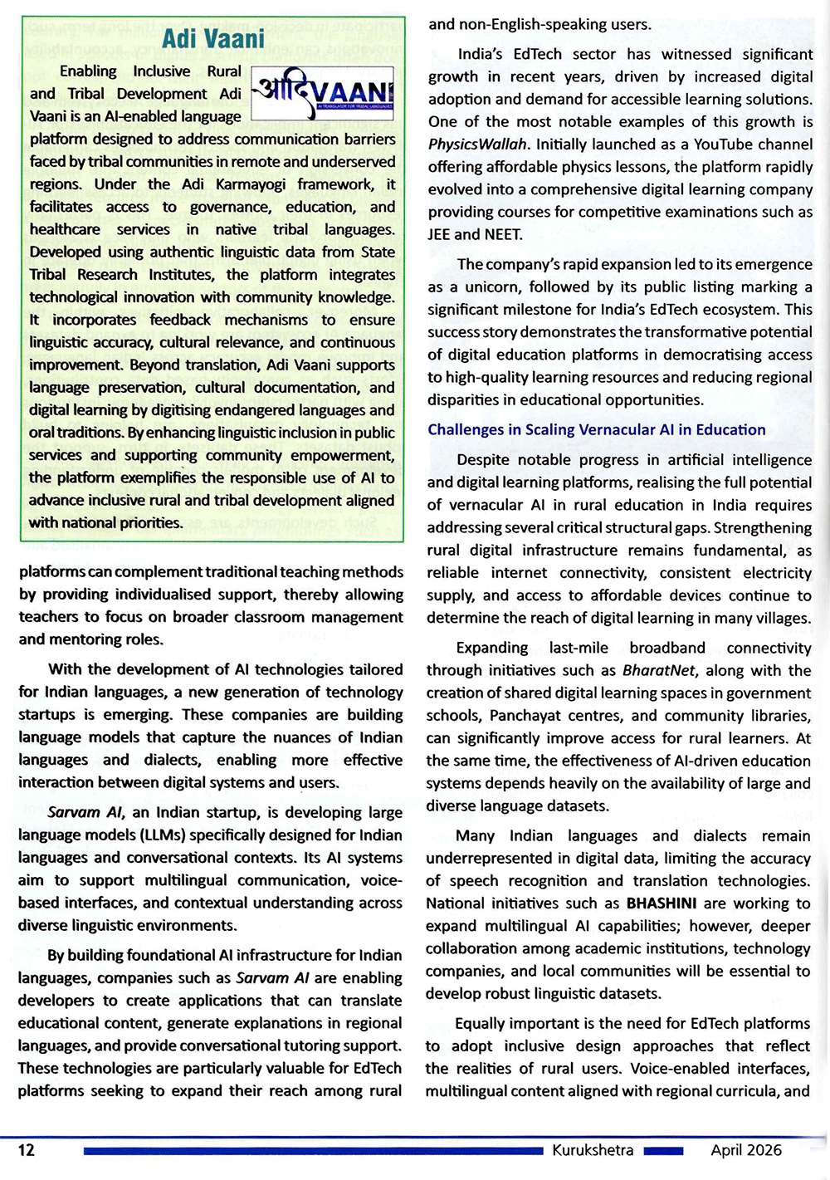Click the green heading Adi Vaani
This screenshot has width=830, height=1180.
(x=212, y=38)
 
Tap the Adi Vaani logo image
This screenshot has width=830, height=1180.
(x=322, y=93)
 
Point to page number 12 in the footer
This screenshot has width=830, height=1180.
(x=27, y=1149)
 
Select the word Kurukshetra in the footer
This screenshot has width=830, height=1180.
(x=593, y=1150)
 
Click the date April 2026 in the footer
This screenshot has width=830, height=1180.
(x=745, y=1150)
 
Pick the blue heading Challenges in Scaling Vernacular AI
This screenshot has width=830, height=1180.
(x=596, y=429)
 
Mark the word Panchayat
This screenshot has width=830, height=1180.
(x=526, y=715)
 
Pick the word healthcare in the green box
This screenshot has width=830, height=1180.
(x=65, y=229)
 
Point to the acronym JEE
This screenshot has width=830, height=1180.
(x=438, y=234)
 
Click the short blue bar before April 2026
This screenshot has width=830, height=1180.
(x=663, y=1151)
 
